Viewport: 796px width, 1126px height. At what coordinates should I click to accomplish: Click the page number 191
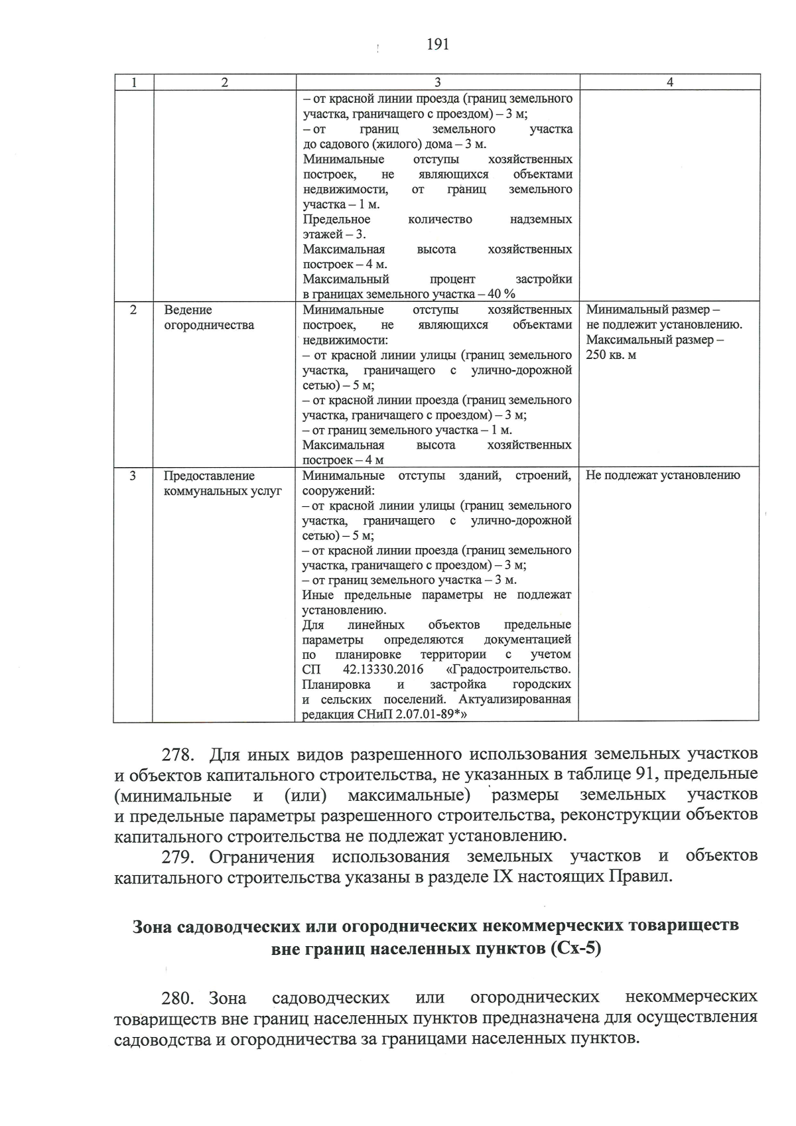pos(437,44)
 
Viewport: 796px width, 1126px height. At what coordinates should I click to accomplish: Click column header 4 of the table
pos(669,82)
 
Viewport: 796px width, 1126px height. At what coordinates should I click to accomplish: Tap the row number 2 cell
pos(133,310)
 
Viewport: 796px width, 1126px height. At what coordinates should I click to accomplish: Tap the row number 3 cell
pos(133,476)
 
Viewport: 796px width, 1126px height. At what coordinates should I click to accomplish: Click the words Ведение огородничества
pos(209,318)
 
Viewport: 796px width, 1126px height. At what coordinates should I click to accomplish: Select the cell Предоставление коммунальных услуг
pos(222,484)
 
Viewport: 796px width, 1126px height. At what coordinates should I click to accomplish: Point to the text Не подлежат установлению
pos(663,475)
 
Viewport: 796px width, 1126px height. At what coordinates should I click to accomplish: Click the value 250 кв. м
pos(611,355)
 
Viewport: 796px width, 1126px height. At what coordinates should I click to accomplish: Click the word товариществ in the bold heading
pos(683,926)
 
